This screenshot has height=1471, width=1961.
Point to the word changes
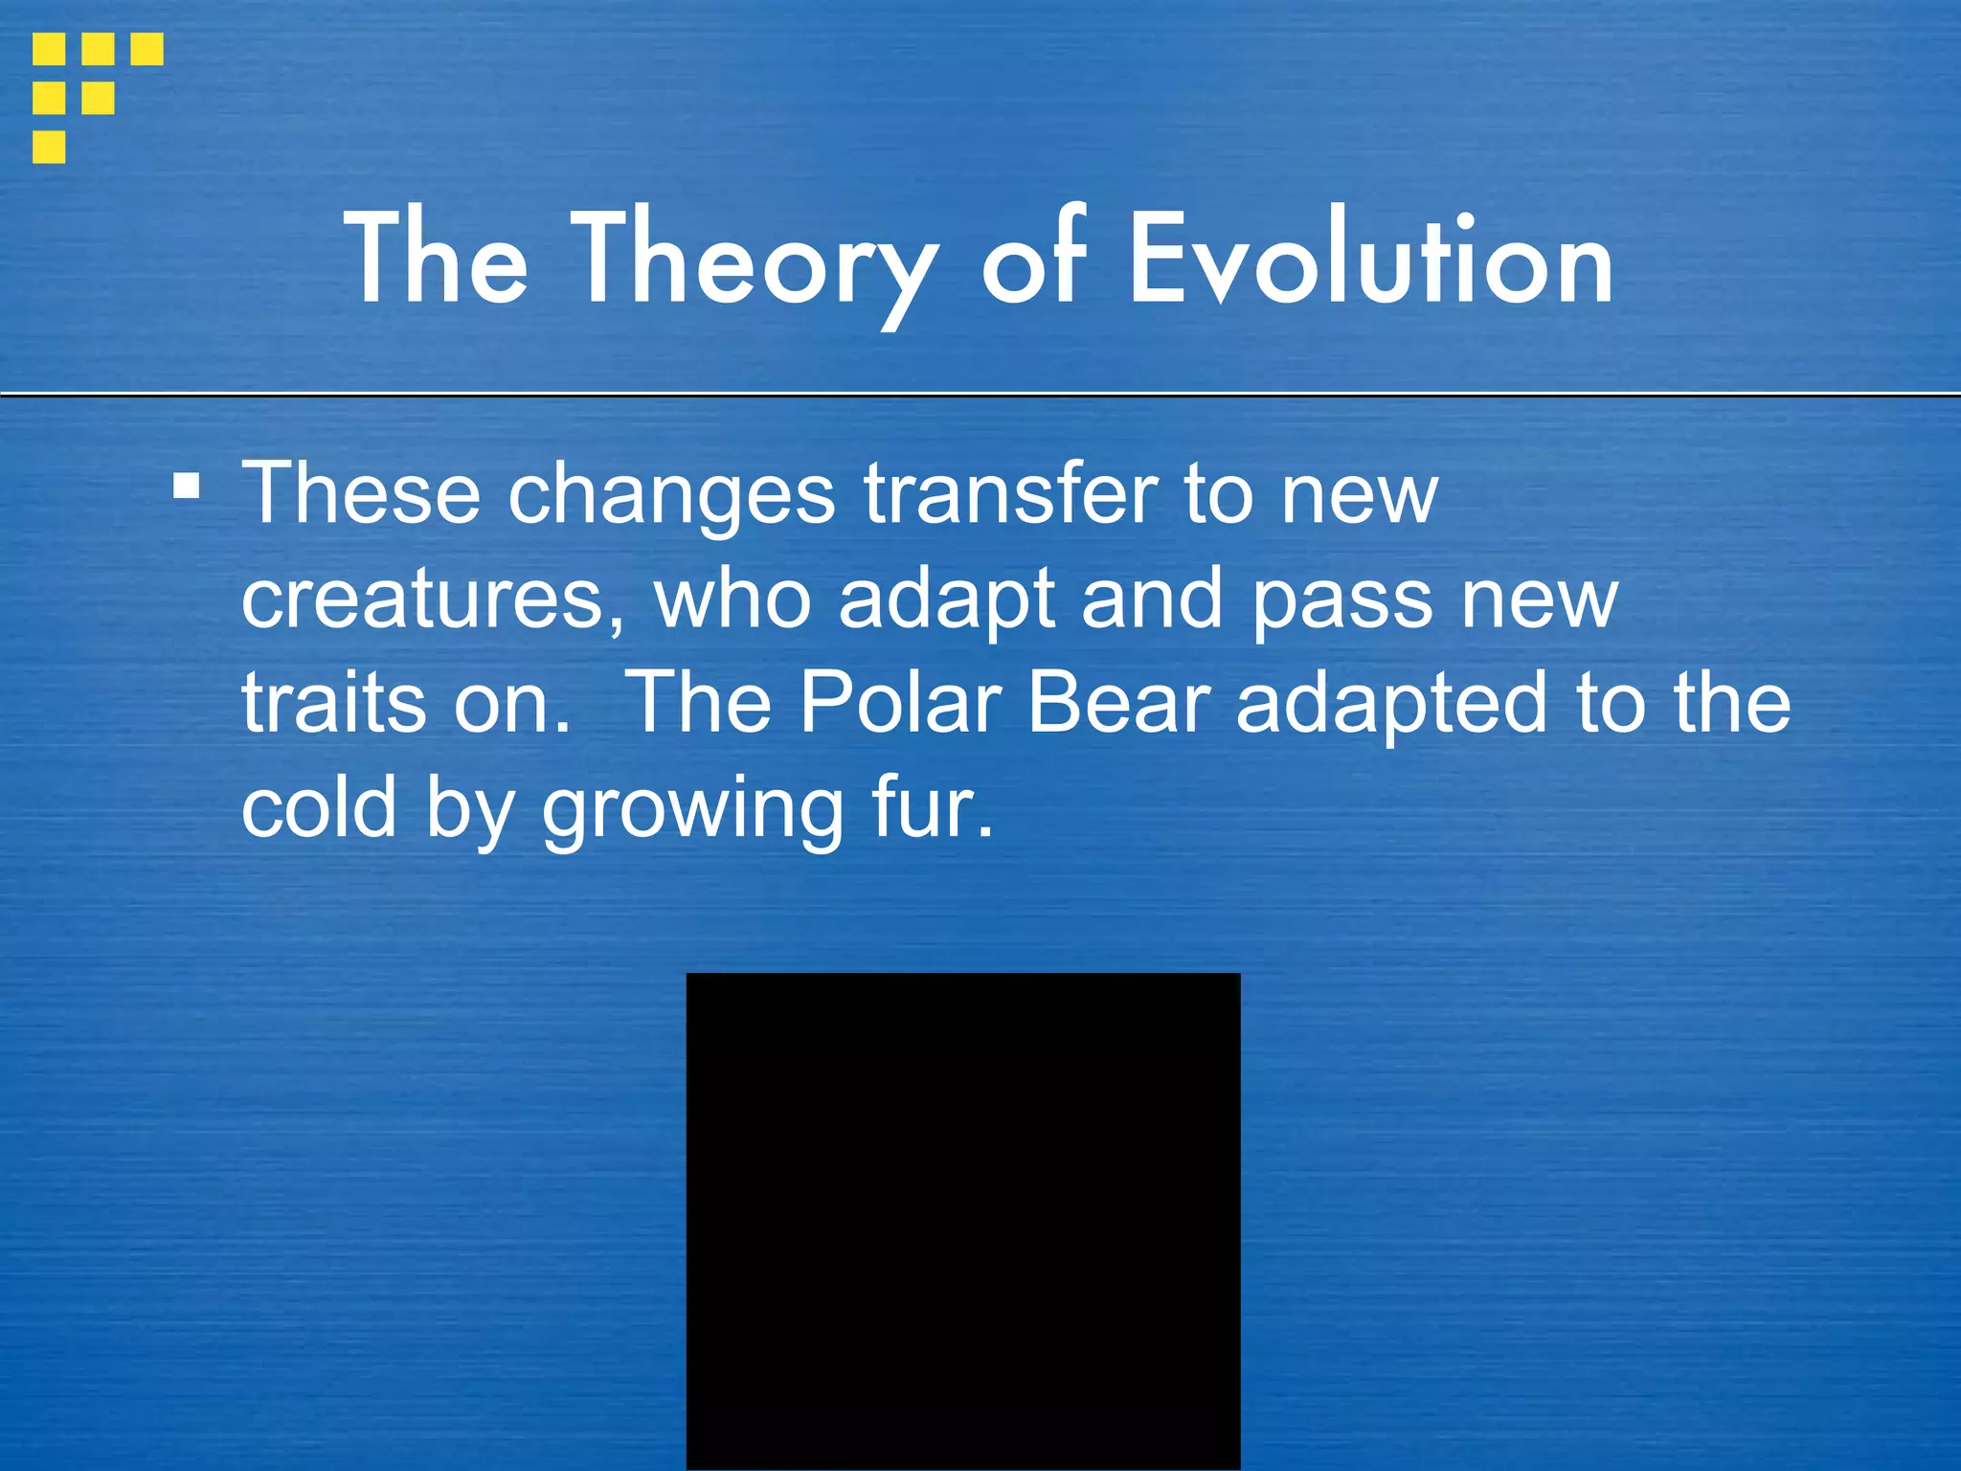pos(671,496)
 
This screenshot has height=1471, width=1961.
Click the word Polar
pos(900,704)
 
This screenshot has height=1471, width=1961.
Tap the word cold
pos(319,807)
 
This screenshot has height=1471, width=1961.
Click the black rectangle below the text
pos(962,1221)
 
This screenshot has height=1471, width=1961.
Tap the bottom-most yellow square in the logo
pos(49,147)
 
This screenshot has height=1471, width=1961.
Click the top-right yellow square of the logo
pos(147,49)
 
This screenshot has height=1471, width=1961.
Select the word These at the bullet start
pos(360,494)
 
